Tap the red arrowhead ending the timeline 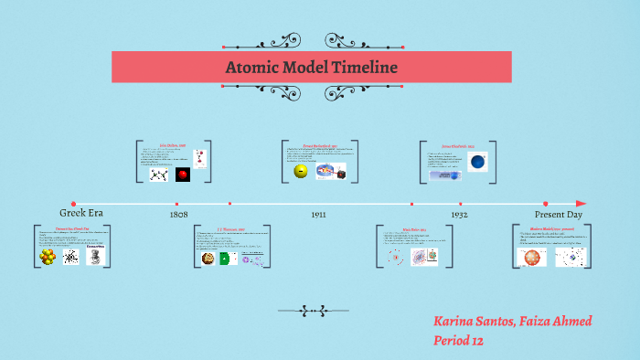(581, 204)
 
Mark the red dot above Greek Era (73, 204)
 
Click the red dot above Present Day (546, 204)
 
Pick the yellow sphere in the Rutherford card (300, 171)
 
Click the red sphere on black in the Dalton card (183, 174)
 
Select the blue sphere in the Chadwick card (476, 163)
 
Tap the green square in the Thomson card (224, 259)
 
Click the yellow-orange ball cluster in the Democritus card (48, 258)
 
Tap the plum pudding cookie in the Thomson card (208, 259)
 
